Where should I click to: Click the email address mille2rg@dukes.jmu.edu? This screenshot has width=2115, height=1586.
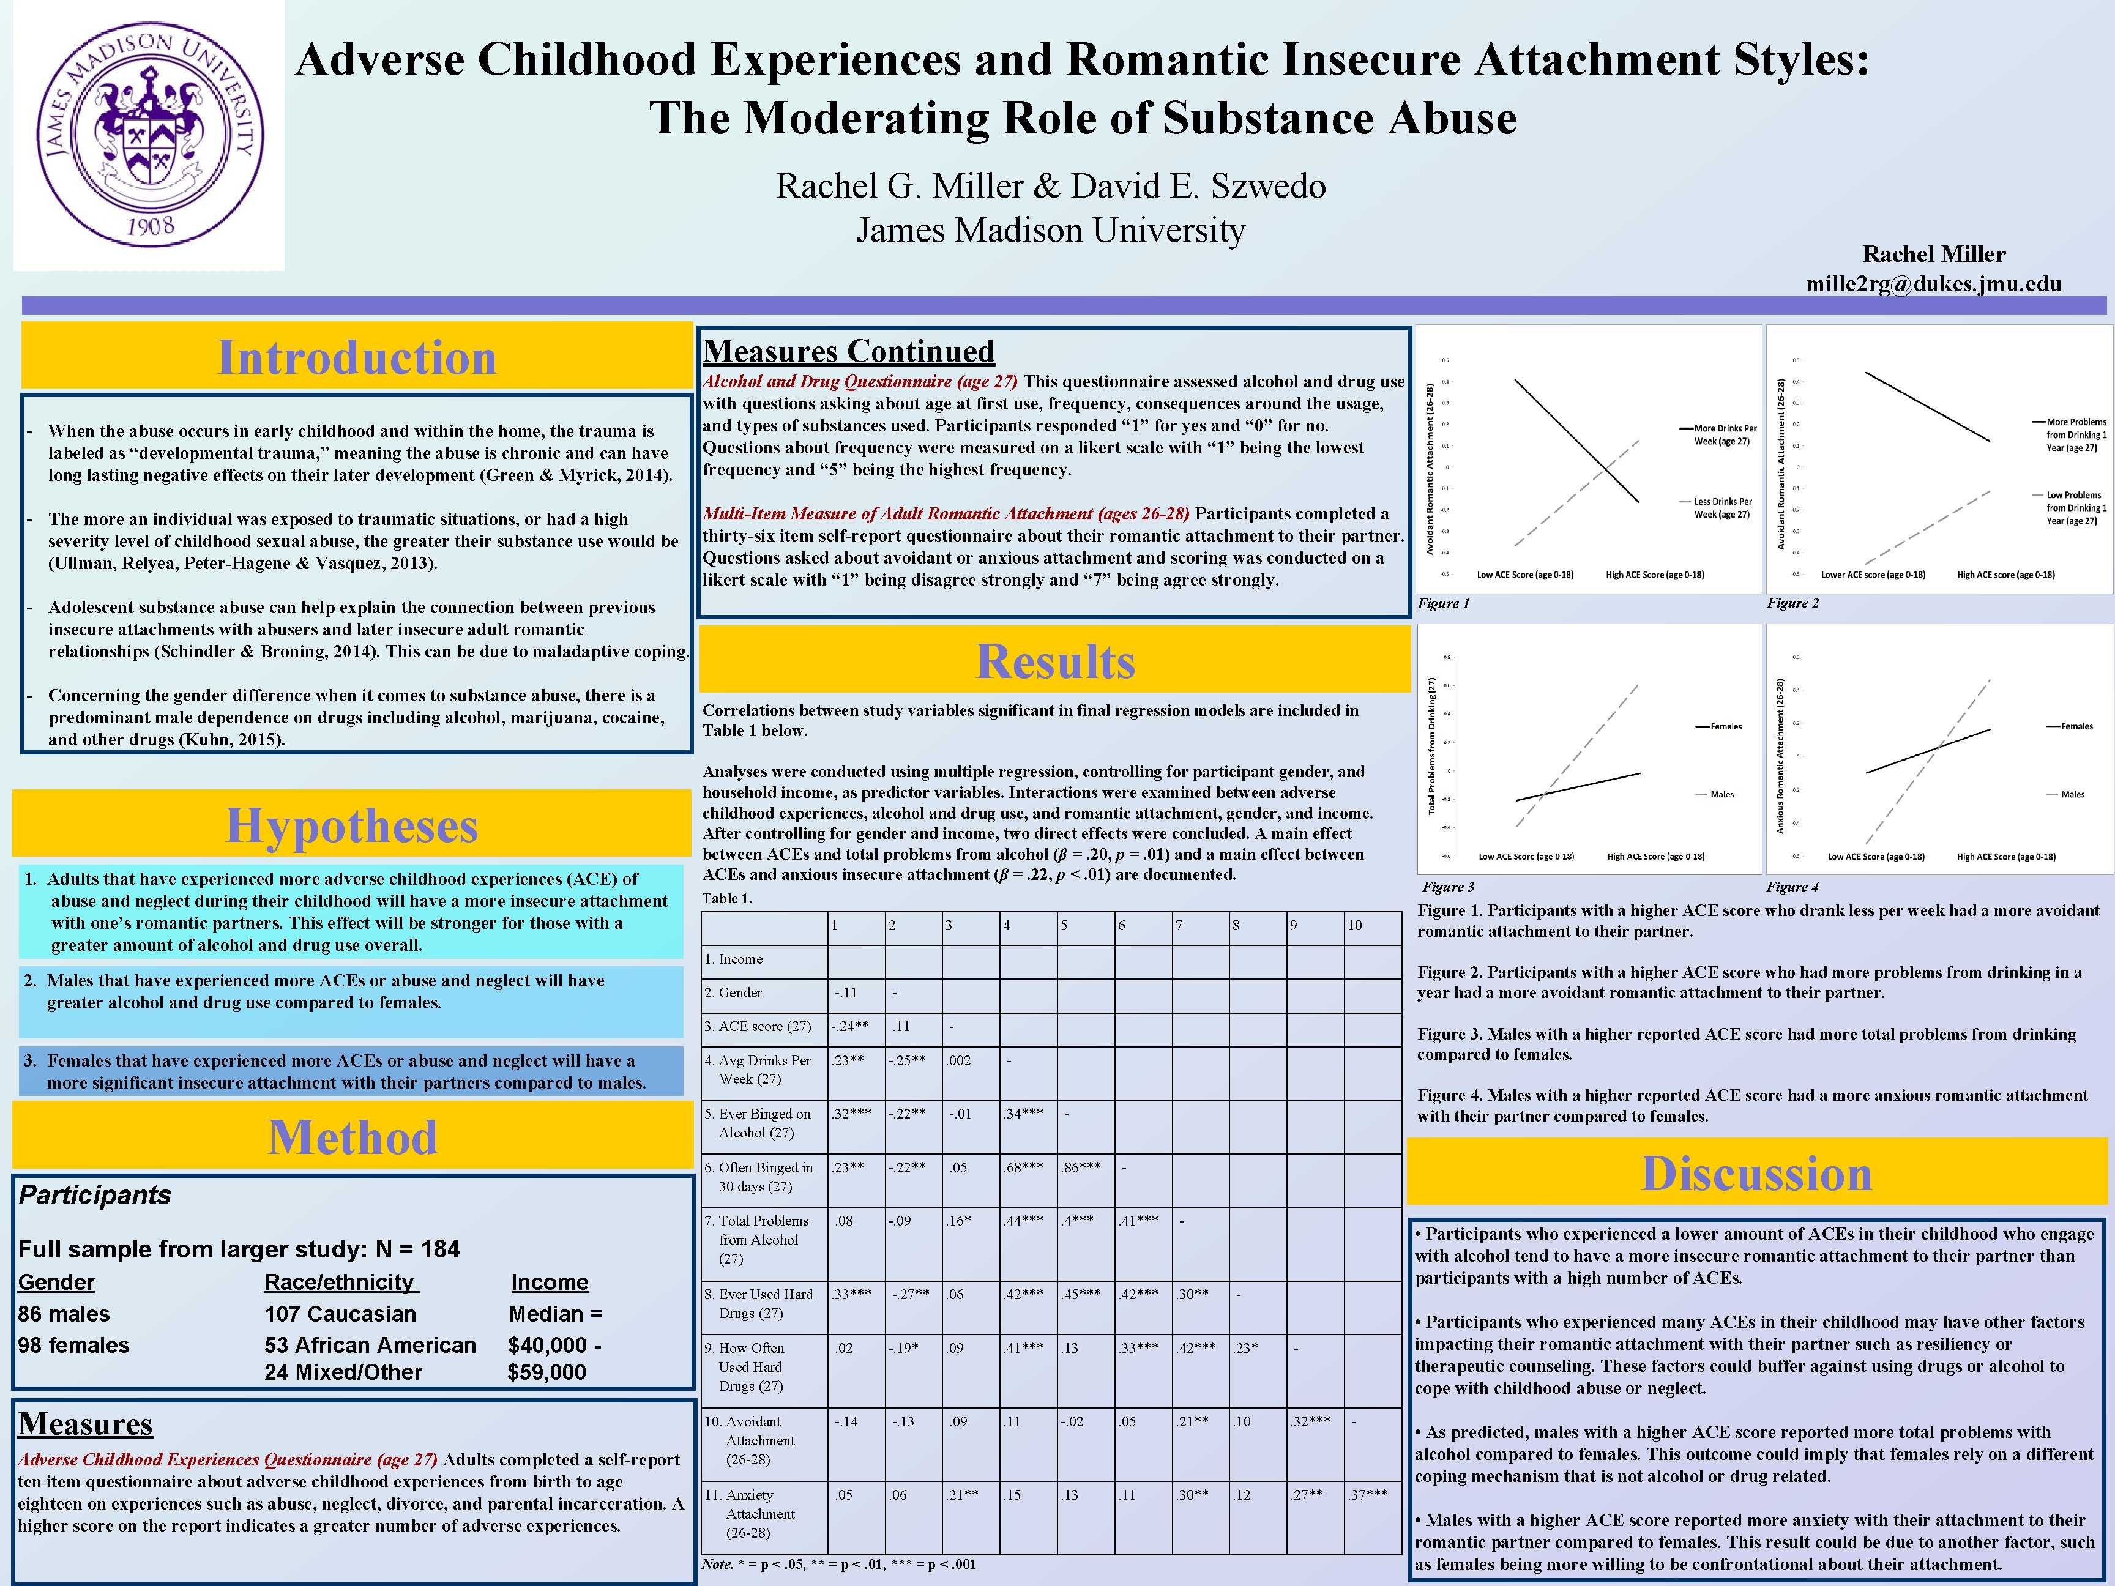pos(1933,284)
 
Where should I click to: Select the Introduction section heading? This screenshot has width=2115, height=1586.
pos(357,357)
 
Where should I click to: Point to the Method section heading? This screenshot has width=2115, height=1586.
pos(353,1137)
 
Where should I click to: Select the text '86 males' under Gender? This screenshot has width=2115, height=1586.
pos(64,1314)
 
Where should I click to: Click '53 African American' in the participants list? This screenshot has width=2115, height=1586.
pos(370,1345)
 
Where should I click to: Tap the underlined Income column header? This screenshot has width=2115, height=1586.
pos(550,1282)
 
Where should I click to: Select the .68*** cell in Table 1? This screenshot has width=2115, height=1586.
pos(1023,1167)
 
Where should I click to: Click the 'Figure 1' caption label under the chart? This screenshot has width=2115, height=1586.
pos(1443,603)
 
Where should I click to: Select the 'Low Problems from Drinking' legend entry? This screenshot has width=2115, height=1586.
pos(2075,508)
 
